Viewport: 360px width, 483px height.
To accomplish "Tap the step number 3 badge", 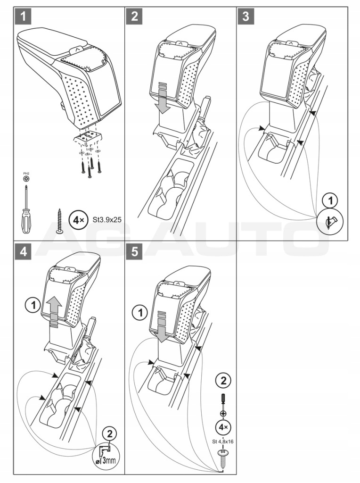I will click(245, 17).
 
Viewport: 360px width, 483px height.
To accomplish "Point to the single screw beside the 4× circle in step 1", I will click(60, 220).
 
